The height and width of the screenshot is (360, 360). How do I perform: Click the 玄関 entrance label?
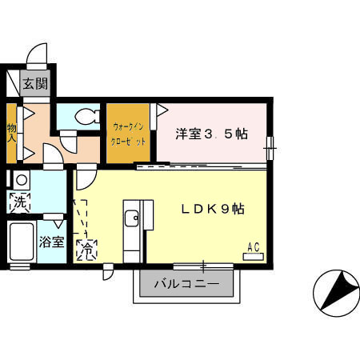34,82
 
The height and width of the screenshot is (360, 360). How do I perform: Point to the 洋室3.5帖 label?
211,134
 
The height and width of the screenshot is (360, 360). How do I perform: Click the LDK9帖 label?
211,209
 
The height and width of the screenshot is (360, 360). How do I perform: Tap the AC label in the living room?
253,247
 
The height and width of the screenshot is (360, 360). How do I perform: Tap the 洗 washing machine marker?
18,203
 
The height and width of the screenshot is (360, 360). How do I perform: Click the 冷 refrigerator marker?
85,250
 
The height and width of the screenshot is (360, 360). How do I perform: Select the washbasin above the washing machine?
21,180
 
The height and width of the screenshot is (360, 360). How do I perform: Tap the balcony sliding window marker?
204,265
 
